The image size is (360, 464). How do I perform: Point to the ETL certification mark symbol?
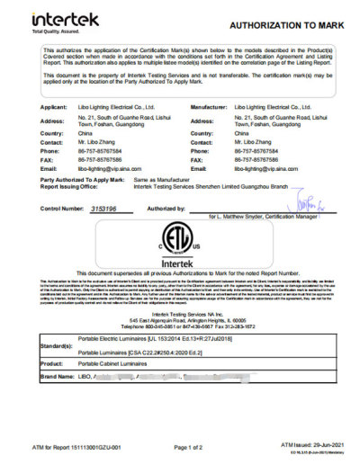click(182, 244)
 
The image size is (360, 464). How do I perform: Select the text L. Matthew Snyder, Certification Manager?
click(264, 218)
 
